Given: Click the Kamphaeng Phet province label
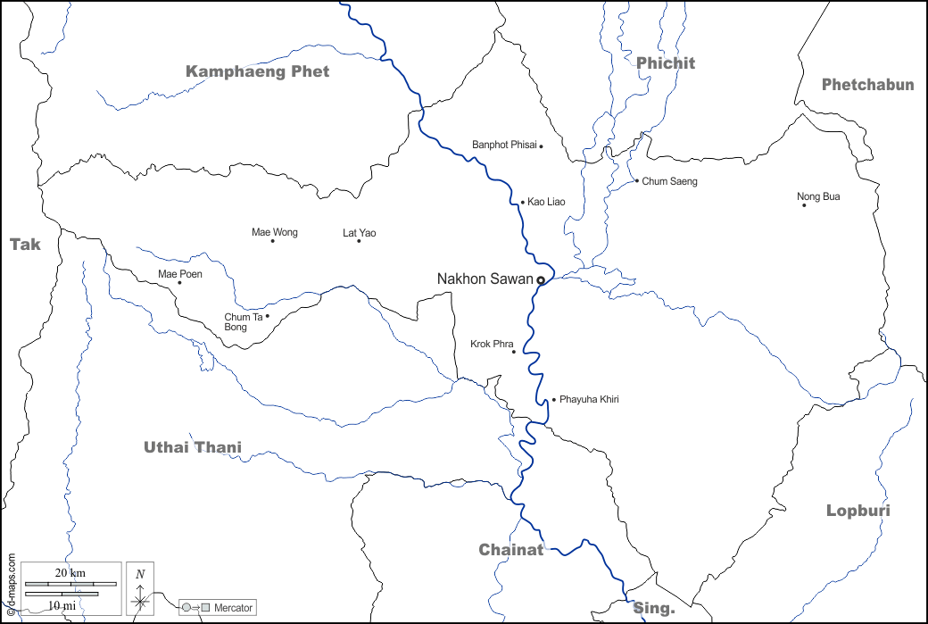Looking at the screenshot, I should (x=257, y=71).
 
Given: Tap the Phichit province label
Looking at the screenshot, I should (x=665, y=62).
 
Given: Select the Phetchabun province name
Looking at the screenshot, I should (x=867, y=85).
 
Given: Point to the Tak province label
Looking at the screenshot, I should (x=25, y=244).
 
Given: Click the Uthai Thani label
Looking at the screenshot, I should (x=193, y=447).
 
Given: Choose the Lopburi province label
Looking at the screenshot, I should (x=858, y=511).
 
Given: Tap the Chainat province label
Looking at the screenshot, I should (x=510, y=549).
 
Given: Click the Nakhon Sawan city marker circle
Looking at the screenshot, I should (x=541, y=280).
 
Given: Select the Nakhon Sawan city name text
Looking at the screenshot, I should (x=485, y=279).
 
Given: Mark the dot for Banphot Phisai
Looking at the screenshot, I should (x=541, y=146).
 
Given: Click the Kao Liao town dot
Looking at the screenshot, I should (x=523, y=203).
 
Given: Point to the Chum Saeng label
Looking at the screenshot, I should (x=669, y=181).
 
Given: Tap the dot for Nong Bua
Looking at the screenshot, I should (x=804, y=205).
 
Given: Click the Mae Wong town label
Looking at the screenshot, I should (x=275, y=233).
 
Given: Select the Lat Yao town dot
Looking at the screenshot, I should (x=359, y=241).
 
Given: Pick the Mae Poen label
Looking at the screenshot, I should (x=180, y=274).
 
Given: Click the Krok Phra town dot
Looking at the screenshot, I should (x=514, y=352).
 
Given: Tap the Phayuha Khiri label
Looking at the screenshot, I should (x=589, y=399).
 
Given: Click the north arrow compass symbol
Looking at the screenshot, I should (x=140, y=590).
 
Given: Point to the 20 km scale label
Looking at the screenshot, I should (x=70, y=571).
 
